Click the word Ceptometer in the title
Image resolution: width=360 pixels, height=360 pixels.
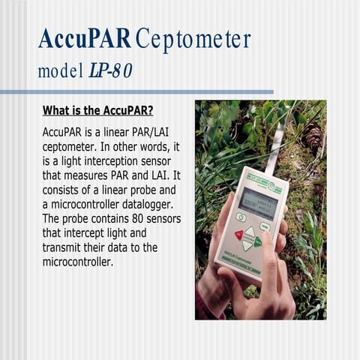coord(193,38)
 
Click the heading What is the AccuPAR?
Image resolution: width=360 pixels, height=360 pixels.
coord(98,112)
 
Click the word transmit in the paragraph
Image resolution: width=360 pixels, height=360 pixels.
coord(65,247)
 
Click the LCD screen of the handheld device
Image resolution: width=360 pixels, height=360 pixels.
coord(257,202)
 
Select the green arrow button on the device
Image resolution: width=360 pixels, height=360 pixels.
coord(257,241)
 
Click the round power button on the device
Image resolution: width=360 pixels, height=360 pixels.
coord(241,217)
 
